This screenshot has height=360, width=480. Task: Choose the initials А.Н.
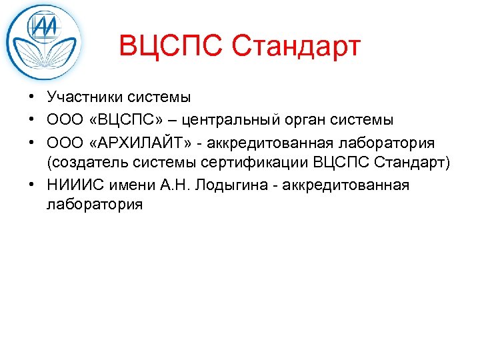pos(175,185)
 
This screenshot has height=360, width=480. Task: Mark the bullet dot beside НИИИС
pos(31,185)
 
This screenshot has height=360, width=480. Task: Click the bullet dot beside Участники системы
pos(31,97)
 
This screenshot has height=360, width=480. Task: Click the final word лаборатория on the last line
pos(95,205)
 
